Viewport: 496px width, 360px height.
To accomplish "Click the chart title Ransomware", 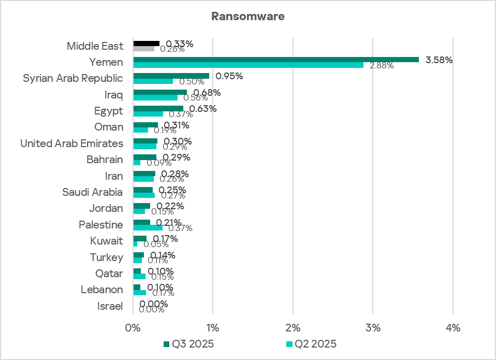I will [247, 17].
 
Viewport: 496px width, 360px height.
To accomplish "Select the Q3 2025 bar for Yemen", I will [275, 60].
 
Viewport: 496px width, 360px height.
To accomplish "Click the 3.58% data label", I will [439, 60].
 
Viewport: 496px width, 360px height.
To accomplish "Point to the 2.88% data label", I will [382, 66].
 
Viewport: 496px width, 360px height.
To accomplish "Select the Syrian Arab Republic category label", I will [73, 79].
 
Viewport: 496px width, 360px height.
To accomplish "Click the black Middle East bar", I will [147, 44].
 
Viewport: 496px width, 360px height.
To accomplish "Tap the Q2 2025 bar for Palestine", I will [148, 227].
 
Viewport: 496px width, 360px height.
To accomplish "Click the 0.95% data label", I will [229, 76].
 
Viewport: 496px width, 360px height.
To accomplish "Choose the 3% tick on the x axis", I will [373, 328].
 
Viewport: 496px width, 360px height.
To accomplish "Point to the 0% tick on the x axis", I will [133, 328].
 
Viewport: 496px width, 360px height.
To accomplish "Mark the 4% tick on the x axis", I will [453, 328].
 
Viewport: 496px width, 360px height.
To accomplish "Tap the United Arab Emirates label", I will [72, 143].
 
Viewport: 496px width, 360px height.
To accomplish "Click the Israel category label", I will [110, 306].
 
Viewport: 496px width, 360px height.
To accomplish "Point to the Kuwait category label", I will [107, 241].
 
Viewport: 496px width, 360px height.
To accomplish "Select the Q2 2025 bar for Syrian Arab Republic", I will [153, 81].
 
